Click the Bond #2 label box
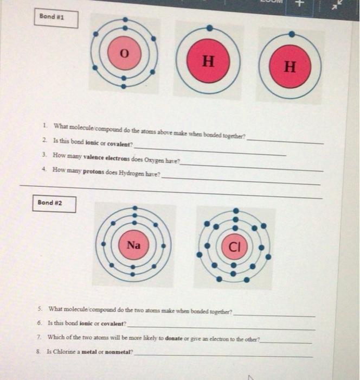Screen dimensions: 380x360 point(54,203)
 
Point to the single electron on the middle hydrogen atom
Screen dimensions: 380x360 point(210,27)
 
